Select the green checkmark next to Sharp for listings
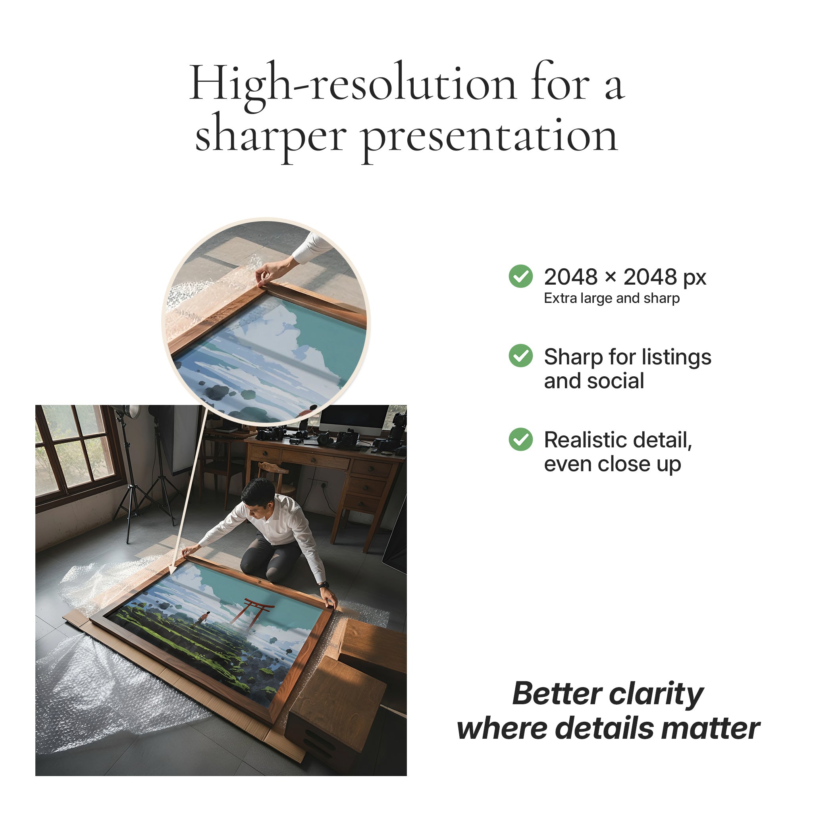pos(520,356)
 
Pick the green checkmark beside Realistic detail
pos(520,439)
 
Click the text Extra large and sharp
pos(611,298)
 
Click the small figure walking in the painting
pos(204,618)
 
